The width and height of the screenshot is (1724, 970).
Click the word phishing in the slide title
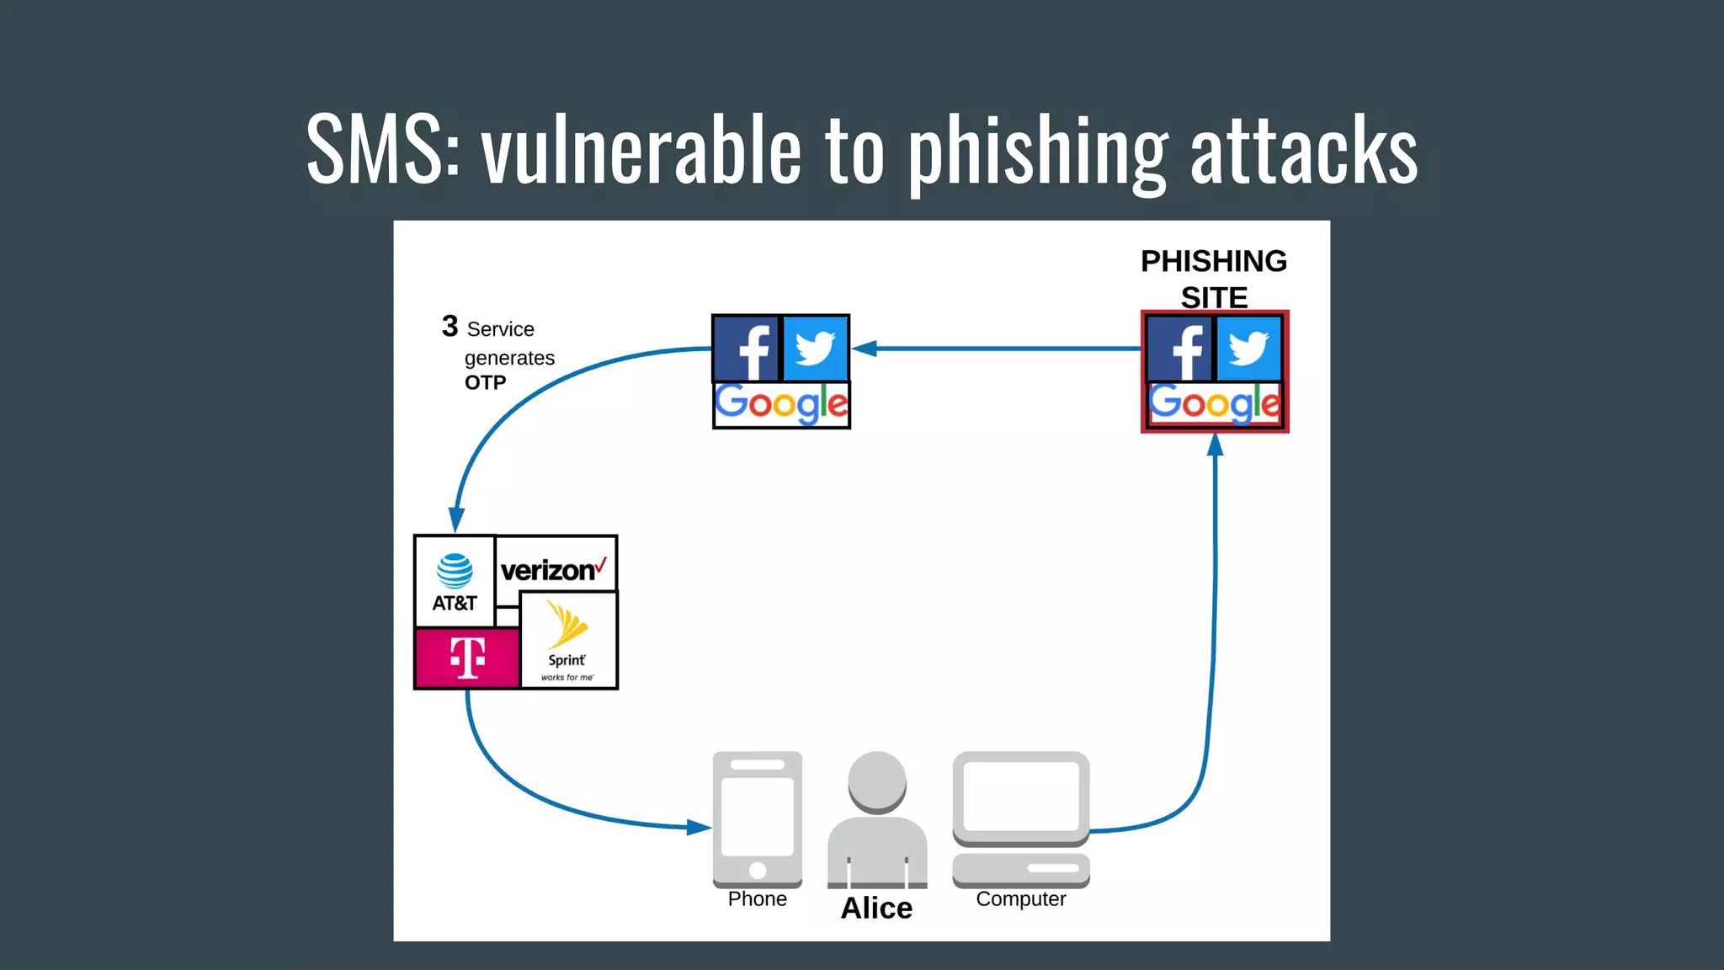pos(1037,152)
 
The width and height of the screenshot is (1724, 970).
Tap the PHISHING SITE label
pos(1213,279)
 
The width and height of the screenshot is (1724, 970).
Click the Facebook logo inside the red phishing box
pos(1181,349)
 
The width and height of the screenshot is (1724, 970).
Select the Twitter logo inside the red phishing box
pos(1248,349)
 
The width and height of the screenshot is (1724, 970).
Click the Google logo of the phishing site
pos(1214,405)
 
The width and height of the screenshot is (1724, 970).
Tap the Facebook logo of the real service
pos(747,349)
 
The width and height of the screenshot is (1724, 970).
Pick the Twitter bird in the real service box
pos(815,349)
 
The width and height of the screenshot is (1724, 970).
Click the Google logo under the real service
pos(781,405)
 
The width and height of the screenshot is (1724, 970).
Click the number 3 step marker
pos(450,326)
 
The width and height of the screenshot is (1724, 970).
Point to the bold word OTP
pos(485,383)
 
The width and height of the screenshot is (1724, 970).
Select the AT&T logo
pos(455,582)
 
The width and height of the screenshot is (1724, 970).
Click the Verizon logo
pos(554,570)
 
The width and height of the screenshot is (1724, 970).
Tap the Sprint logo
pos(568,640)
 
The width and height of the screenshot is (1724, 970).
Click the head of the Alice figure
pos(877,781)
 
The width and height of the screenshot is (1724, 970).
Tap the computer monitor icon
pos(1020,797)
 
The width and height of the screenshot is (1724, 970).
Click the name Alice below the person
pos(876,909)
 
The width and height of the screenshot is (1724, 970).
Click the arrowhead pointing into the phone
pos(699,827)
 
